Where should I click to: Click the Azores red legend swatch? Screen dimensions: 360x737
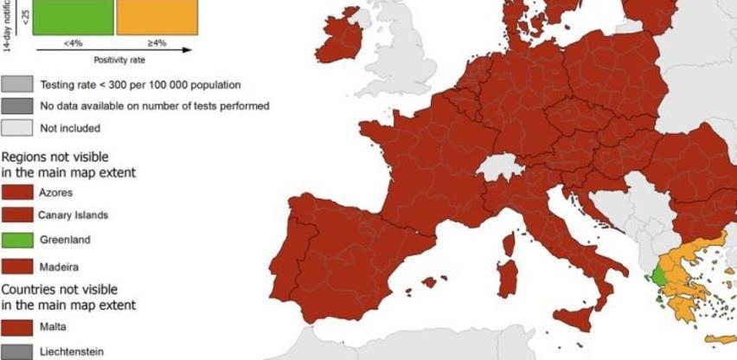coord(17,191)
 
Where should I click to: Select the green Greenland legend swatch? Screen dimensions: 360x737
coord(17,240)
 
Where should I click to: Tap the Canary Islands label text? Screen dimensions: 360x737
coord(73,215)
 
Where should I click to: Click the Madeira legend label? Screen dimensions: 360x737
coord(57,267)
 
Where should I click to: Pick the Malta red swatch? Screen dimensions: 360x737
coord(17,326)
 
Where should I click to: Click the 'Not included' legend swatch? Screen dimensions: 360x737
coord(17,128)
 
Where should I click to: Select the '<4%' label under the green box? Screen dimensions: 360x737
coord(73,42)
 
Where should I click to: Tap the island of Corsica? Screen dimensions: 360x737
coord(509,244)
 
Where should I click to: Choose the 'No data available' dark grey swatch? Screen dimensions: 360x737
coord(17,106)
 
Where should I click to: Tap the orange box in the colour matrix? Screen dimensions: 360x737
coord(157,16)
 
